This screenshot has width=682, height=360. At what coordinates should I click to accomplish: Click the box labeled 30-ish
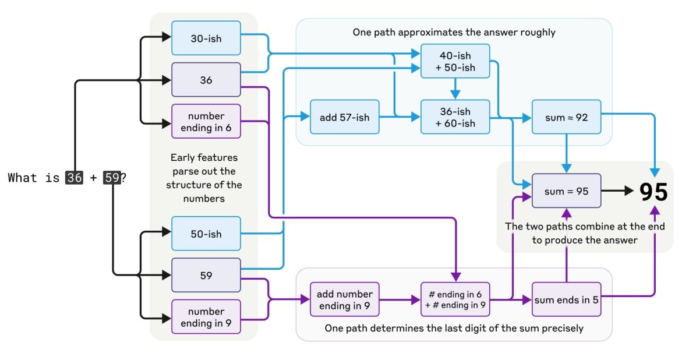(x=206, y=38)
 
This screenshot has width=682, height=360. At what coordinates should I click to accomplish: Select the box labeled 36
(x=206, y=80)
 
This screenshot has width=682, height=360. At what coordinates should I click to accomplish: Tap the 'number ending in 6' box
(x=206, y=121)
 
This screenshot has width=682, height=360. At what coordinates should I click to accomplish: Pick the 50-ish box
(x=206, y=234)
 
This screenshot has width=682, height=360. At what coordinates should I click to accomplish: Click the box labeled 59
(x=206, y=275)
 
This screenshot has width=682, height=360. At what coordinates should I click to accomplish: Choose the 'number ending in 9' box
(x=206, y=317)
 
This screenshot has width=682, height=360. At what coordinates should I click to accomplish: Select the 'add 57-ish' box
(x=344, y=117)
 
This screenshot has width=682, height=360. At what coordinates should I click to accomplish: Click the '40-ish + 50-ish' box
(x=455, y=61)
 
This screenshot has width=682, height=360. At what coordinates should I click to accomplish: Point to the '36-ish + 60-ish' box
(x=455, y=117)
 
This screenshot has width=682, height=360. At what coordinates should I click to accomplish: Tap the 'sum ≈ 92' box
(x=566, y=117)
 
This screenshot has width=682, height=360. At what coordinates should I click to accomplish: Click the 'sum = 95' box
(x=566, y=191)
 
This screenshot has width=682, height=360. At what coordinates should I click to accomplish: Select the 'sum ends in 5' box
(x=566, y=299)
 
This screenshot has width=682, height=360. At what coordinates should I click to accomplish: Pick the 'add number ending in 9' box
(x=344, y=299)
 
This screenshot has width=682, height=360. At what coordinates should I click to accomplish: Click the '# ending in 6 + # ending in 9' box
(x=455, y=299)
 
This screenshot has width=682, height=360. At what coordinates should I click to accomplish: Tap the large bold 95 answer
(x=653, y=192)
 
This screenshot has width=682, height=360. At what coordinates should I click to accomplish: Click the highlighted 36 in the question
(x=74, y=178)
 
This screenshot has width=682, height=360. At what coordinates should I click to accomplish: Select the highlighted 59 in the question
(x=112, y=178)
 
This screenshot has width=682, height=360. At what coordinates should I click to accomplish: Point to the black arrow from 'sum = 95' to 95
(x=617, y=190)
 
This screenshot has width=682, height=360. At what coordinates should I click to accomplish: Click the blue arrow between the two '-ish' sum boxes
(x=455, y=89)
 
